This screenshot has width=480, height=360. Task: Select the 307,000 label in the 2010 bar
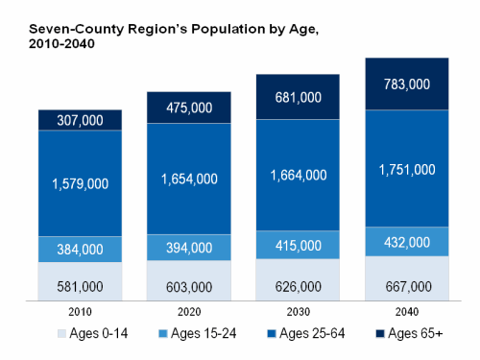point(80,120)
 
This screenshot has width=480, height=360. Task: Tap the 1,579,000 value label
point(80,183)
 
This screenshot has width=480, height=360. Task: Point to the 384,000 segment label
point(80,250)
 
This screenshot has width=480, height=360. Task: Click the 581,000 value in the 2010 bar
point(80,286)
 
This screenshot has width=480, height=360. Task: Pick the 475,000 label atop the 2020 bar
point(188,108)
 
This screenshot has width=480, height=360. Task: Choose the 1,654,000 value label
point(188,179)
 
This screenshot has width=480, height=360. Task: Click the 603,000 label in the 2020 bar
point(188,285)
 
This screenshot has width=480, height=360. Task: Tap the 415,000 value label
point(298,247)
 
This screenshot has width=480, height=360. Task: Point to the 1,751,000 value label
point(407,169)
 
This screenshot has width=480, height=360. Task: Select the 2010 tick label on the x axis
point(80,313)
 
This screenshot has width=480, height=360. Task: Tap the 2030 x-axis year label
point(298,313)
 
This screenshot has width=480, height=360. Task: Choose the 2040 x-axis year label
point(407,313)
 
